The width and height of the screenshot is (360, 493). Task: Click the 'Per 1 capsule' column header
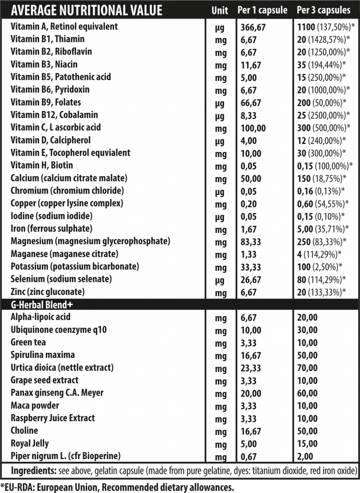click(x=262, y=10)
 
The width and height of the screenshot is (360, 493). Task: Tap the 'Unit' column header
click(x=220, y=10)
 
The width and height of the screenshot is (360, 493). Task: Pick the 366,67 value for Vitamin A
click(x=254, y=27)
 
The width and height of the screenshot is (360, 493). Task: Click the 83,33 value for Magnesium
click(x=252, y=242)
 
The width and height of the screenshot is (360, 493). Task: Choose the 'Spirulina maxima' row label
click(x=43, y=355)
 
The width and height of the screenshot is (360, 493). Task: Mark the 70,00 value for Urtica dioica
click(x=308, y=368)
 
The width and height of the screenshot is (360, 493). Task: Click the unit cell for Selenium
click(x=220, y=280)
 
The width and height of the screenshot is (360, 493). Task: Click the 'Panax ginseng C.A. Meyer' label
click(x=57, y=393)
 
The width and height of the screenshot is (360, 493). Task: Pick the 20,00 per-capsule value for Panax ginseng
click(x=252, y=393)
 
